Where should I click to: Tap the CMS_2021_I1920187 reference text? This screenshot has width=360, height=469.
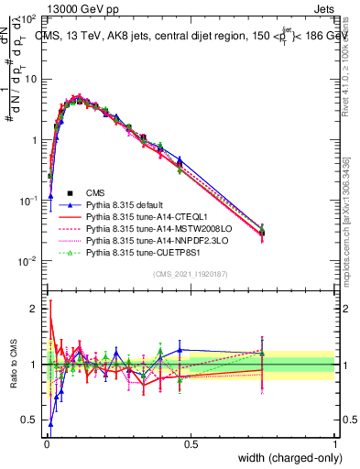tap(190, 275)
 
